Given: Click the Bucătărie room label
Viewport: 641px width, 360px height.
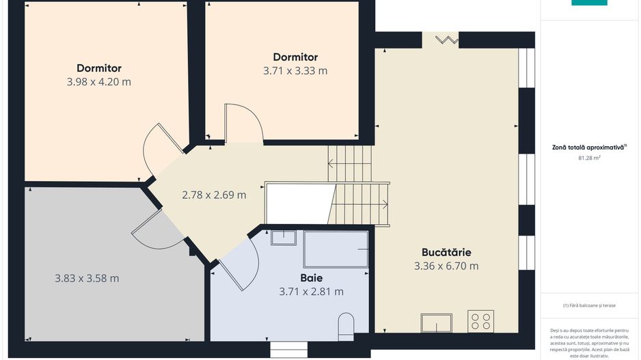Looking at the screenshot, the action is tap(446, 252).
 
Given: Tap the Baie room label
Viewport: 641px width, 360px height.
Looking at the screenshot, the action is tap(311, 278).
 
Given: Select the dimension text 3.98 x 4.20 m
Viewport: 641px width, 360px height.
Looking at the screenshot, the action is tap(99, 82).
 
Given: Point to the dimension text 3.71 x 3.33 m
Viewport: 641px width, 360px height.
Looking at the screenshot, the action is tap(295, 70).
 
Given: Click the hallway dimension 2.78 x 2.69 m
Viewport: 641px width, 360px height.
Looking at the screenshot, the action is tap(214, 195).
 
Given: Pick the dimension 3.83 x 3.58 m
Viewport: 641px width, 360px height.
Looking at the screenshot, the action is tap(87, 278).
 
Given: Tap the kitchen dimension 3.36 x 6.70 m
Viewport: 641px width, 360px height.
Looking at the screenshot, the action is tap(446, 266).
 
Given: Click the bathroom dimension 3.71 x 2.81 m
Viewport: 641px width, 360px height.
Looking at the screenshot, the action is tap(312, 292).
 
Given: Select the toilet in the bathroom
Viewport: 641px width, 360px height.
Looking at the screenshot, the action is tap(346, 327).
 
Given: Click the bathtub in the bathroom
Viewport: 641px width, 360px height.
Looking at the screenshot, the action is tap(336, 249).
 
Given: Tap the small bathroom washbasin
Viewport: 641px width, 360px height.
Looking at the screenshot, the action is tap(284, 238).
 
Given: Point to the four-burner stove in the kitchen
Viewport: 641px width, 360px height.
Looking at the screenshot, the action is tap(481, 321).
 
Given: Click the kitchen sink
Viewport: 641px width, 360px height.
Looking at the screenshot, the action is tap(437, 323).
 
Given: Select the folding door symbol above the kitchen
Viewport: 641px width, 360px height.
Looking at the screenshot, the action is tap(447, 40).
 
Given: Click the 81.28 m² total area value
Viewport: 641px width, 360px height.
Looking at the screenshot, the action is tap(589, 158).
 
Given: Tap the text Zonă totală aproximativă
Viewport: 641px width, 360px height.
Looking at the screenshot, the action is tap(588, 147).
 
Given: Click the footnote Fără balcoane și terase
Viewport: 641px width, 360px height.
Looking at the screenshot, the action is tap(589, 305).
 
